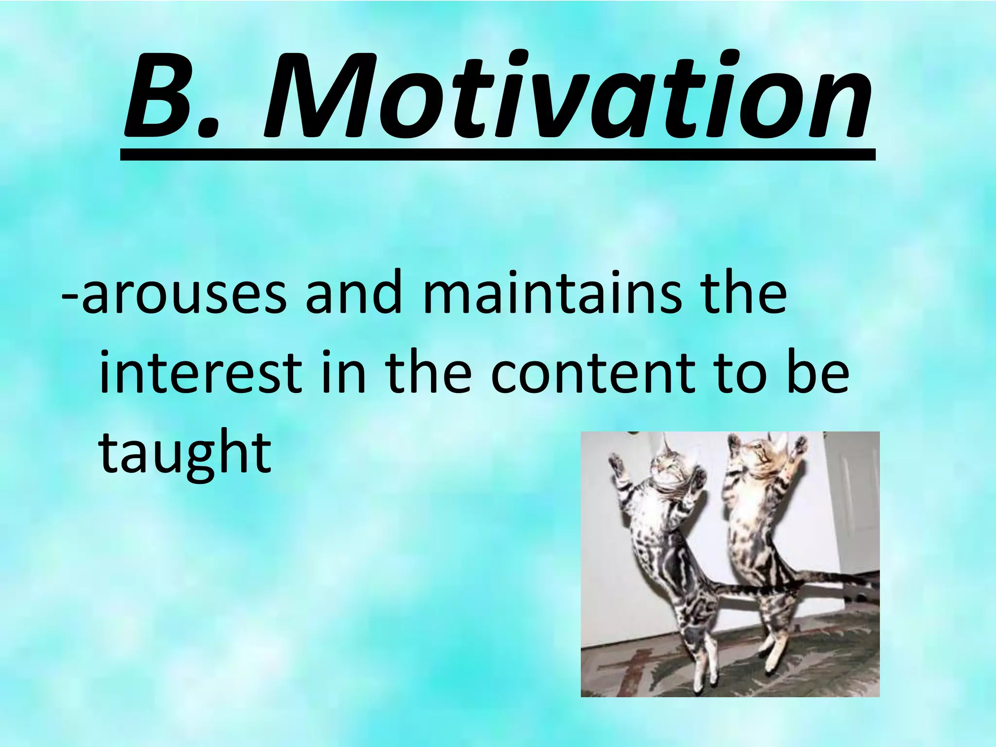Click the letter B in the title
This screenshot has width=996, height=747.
[x=168, y=95]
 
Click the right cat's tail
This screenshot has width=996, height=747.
[x=841, y=579]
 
